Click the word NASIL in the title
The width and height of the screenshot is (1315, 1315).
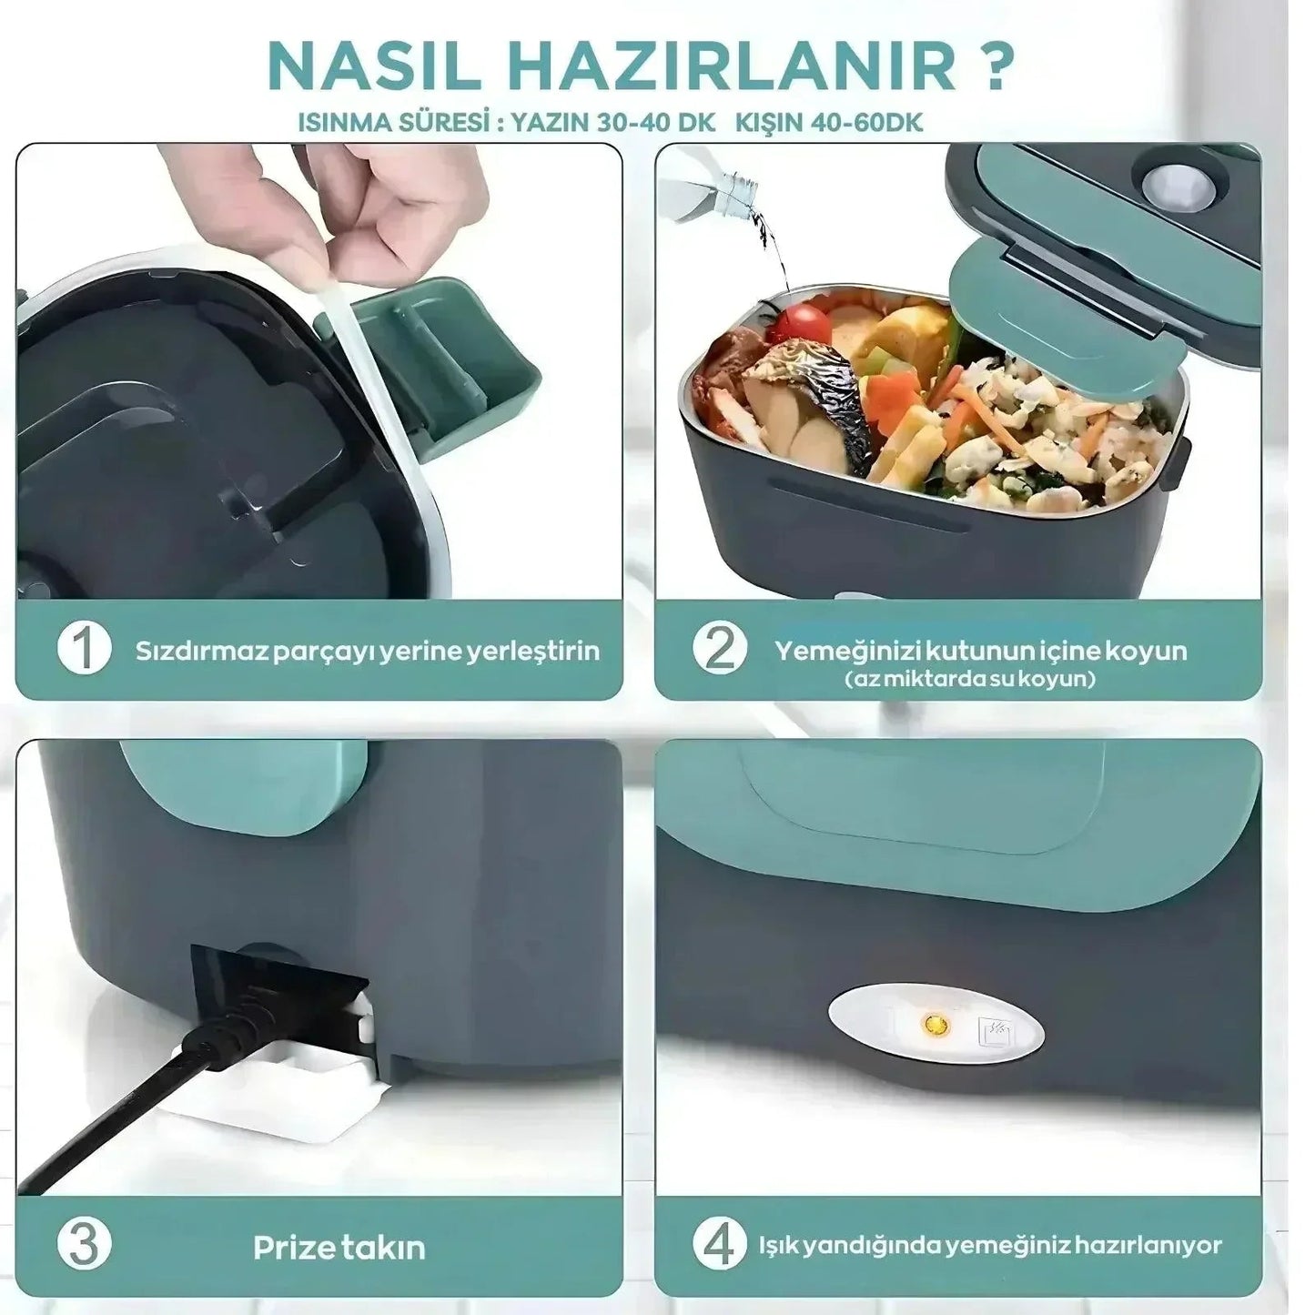373,66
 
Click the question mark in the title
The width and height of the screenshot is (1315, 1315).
995,66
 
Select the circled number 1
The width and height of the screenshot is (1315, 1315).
84,649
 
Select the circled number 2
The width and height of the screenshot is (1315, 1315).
719,649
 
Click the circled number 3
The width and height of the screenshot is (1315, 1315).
84,1245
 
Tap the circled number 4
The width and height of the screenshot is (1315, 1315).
719,1245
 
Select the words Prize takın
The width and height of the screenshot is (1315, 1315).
339,1247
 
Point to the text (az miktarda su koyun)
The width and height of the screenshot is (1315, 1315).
970,679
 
